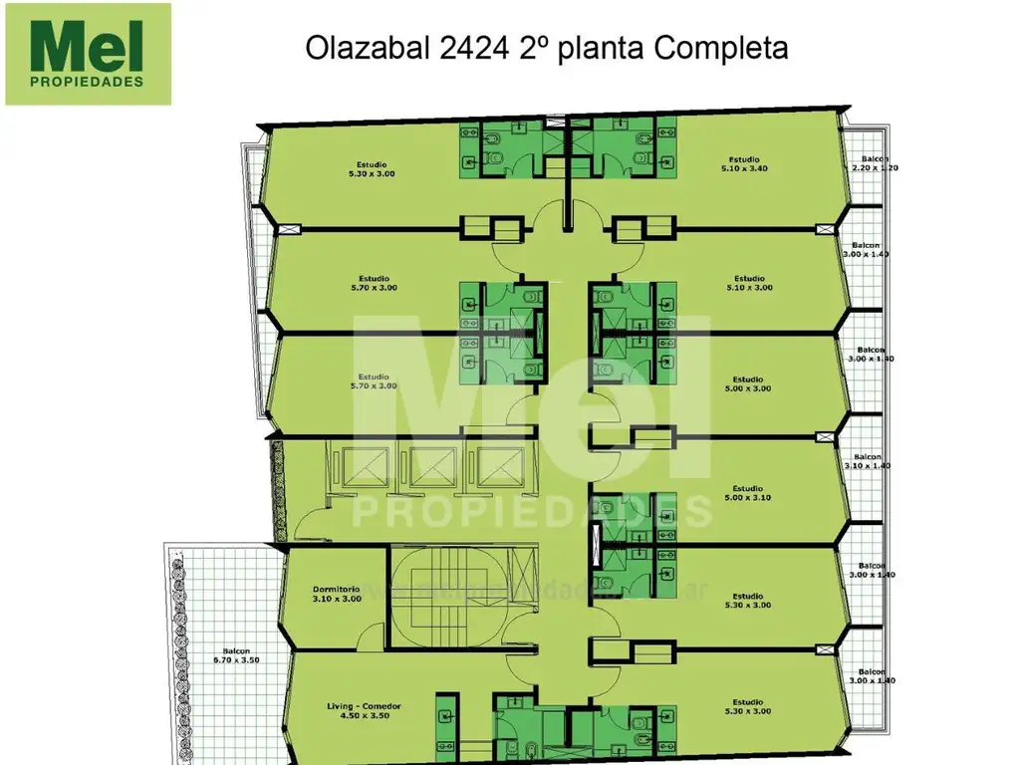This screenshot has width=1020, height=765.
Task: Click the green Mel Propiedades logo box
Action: tap(88, 54)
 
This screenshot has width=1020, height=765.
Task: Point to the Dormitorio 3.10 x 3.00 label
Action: tap(335, 595)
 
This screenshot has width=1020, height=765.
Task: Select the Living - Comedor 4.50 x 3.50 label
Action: tap(364, 710)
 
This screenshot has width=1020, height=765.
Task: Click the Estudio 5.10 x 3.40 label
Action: tap(744, 164)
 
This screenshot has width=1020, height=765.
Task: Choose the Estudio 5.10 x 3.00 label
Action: tap(749, 283)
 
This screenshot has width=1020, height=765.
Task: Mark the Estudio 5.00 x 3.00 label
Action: tap(748, 383)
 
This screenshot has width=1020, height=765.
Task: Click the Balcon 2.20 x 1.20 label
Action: tap(875, 163)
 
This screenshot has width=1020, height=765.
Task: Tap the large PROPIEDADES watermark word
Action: tap(533, 509)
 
